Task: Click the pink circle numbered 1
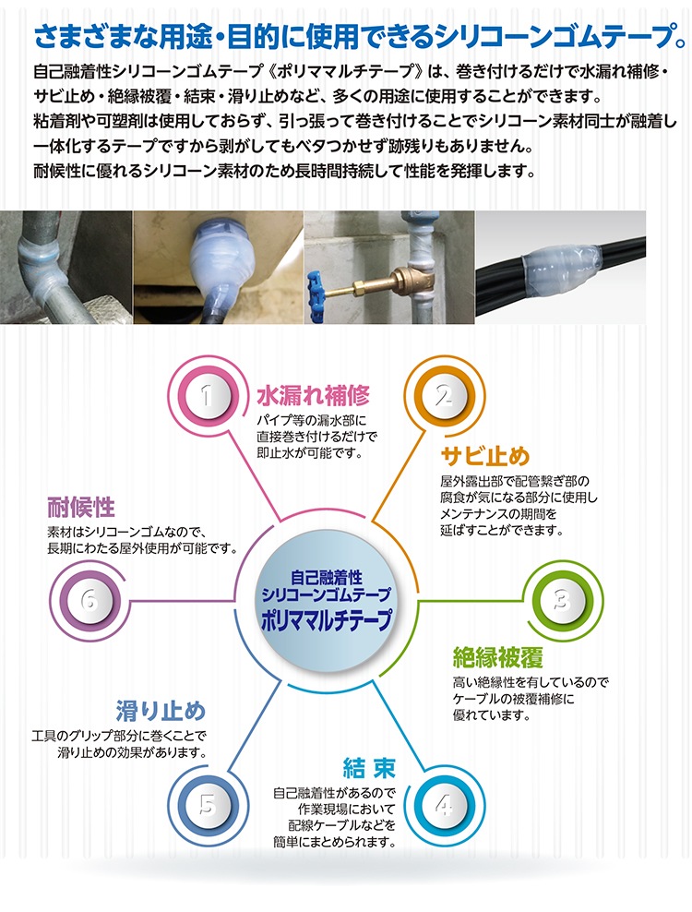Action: click(206, 397)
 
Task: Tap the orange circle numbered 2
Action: click(445, 397)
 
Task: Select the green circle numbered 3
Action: click(563, 600)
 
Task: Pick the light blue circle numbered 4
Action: click(445, 806)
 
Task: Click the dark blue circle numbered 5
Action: click(207, 806)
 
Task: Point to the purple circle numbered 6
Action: click(89, 600)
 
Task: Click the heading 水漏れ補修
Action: click(314, 395)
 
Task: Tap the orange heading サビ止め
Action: click(485, 456)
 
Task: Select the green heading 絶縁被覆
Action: click(497, 656)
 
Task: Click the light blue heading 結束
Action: click(369, 768)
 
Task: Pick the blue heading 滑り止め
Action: click(161, 712)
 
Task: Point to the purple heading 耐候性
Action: click(81, 507)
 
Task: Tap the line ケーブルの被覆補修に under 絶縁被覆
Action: click(514, 699)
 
